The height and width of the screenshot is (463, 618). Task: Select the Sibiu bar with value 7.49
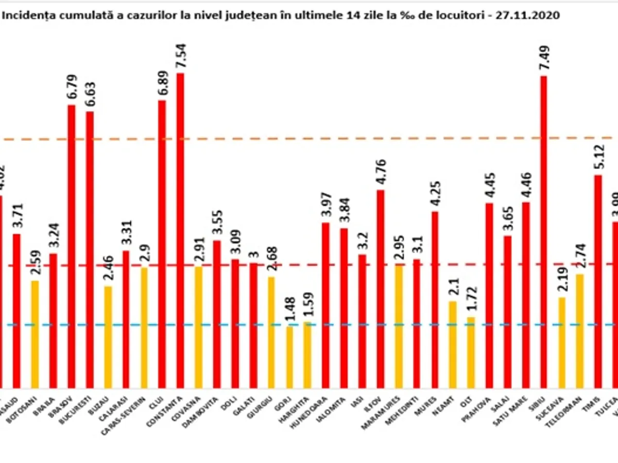543,232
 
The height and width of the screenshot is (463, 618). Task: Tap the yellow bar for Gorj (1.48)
289,357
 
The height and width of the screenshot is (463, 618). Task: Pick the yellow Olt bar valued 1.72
471,352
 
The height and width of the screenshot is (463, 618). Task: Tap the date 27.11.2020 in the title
534,15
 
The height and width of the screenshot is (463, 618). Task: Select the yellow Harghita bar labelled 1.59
307,355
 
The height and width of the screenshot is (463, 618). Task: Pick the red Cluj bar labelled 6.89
162,244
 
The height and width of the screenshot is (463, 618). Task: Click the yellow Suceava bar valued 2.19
561,343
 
